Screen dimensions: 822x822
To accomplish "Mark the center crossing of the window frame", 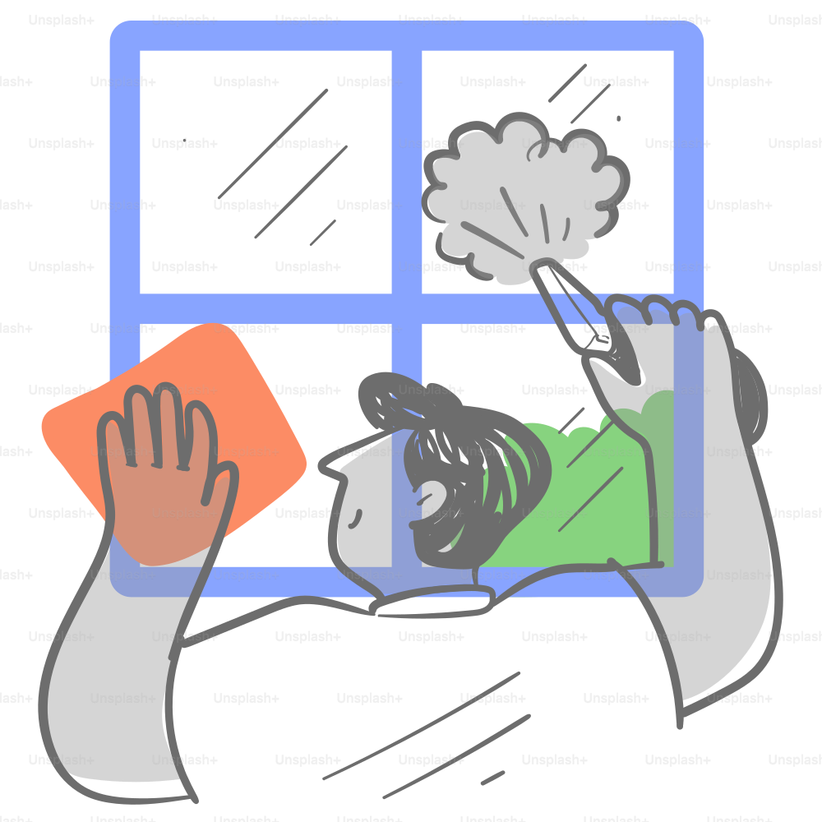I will point(406,308).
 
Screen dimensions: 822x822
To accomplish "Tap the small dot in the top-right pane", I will point(619,118).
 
